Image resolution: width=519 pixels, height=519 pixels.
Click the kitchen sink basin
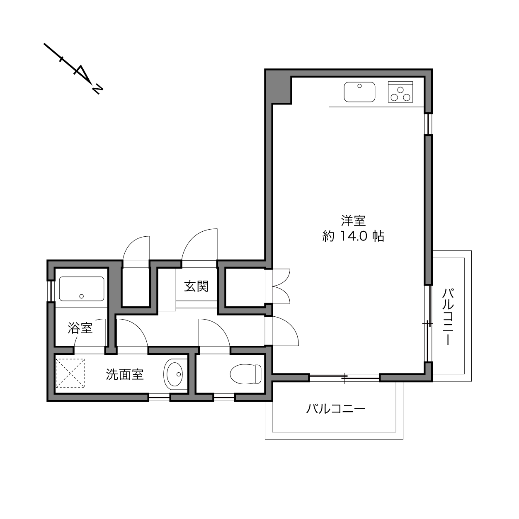[359, 92]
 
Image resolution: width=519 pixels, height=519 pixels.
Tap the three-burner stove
[400, 92]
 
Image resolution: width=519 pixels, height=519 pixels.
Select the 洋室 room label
[353, 221]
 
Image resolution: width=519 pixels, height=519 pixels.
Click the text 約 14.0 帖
[353, 236]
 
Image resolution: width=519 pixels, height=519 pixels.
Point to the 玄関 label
[196, 286]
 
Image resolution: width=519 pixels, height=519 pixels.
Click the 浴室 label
[80, 328]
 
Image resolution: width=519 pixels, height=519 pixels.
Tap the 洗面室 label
[125, 374]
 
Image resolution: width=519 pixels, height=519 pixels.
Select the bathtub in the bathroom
[82, 289]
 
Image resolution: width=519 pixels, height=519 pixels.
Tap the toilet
[246, 374]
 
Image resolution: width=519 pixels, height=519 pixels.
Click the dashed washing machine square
[70, 373]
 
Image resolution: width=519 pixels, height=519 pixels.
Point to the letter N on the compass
[97, 90]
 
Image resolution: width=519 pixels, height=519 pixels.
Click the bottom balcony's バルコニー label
[336, 409]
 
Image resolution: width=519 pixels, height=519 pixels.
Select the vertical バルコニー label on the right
[448, 317]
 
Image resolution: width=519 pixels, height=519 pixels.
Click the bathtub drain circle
[82, 296]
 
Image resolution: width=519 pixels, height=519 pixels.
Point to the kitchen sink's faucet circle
[359, 86]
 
